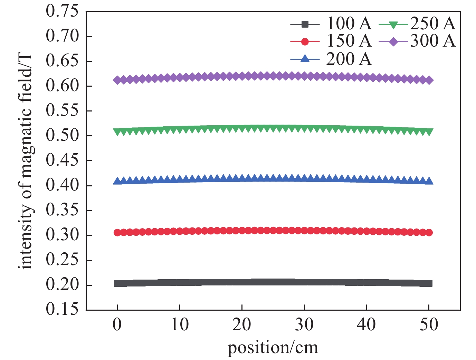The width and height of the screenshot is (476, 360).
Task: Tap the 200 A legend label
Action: pyautogui.click(x=349, y=59)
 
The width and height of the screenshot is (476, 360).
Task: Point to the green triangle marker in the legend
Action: pyautogui.click(x=393, y=25)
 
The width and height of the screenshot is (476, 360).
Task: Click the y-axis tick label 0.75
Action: pyautogui.click(x=62, y=11)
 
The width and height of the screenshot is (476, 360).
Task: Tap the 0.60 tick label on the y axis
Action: pyautogui.click(x=62, y=86)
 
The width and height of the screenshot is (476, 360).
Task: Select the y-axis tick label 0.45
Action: pyautogui.click(x=62, y=160)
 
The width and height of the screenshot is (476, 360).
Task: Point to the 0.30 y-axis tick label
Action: pyautogui.click(x=62, y=235)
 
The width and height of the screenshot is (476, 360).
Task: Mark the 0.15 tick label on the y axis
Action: pyautogui.click(x=62, y=309)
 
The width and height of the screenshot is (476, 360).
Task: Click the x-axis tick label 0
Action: pyautogui.click(x=117, y=324)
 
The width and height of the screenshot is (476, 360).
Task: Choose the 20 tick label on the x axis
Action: pyautogui.click(x=242, y=324)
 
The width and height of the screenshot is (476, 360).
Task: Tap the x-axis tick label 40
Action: pyautogui.click(x=366, y=324)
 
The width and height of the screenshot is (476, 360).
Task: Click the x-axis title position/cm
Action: pyautogui.click(x=273, y=348)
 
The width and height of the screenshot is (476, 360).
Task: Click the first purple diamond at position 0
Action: pyautogui.click(x=117, y=80)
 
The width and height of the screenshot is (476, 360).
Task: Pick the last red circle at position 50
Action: pyautogui.click(x=429, y=233)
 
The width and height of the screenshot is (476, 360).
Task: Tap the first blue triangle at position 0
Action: pyautogui.click(x=117, y=181)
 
